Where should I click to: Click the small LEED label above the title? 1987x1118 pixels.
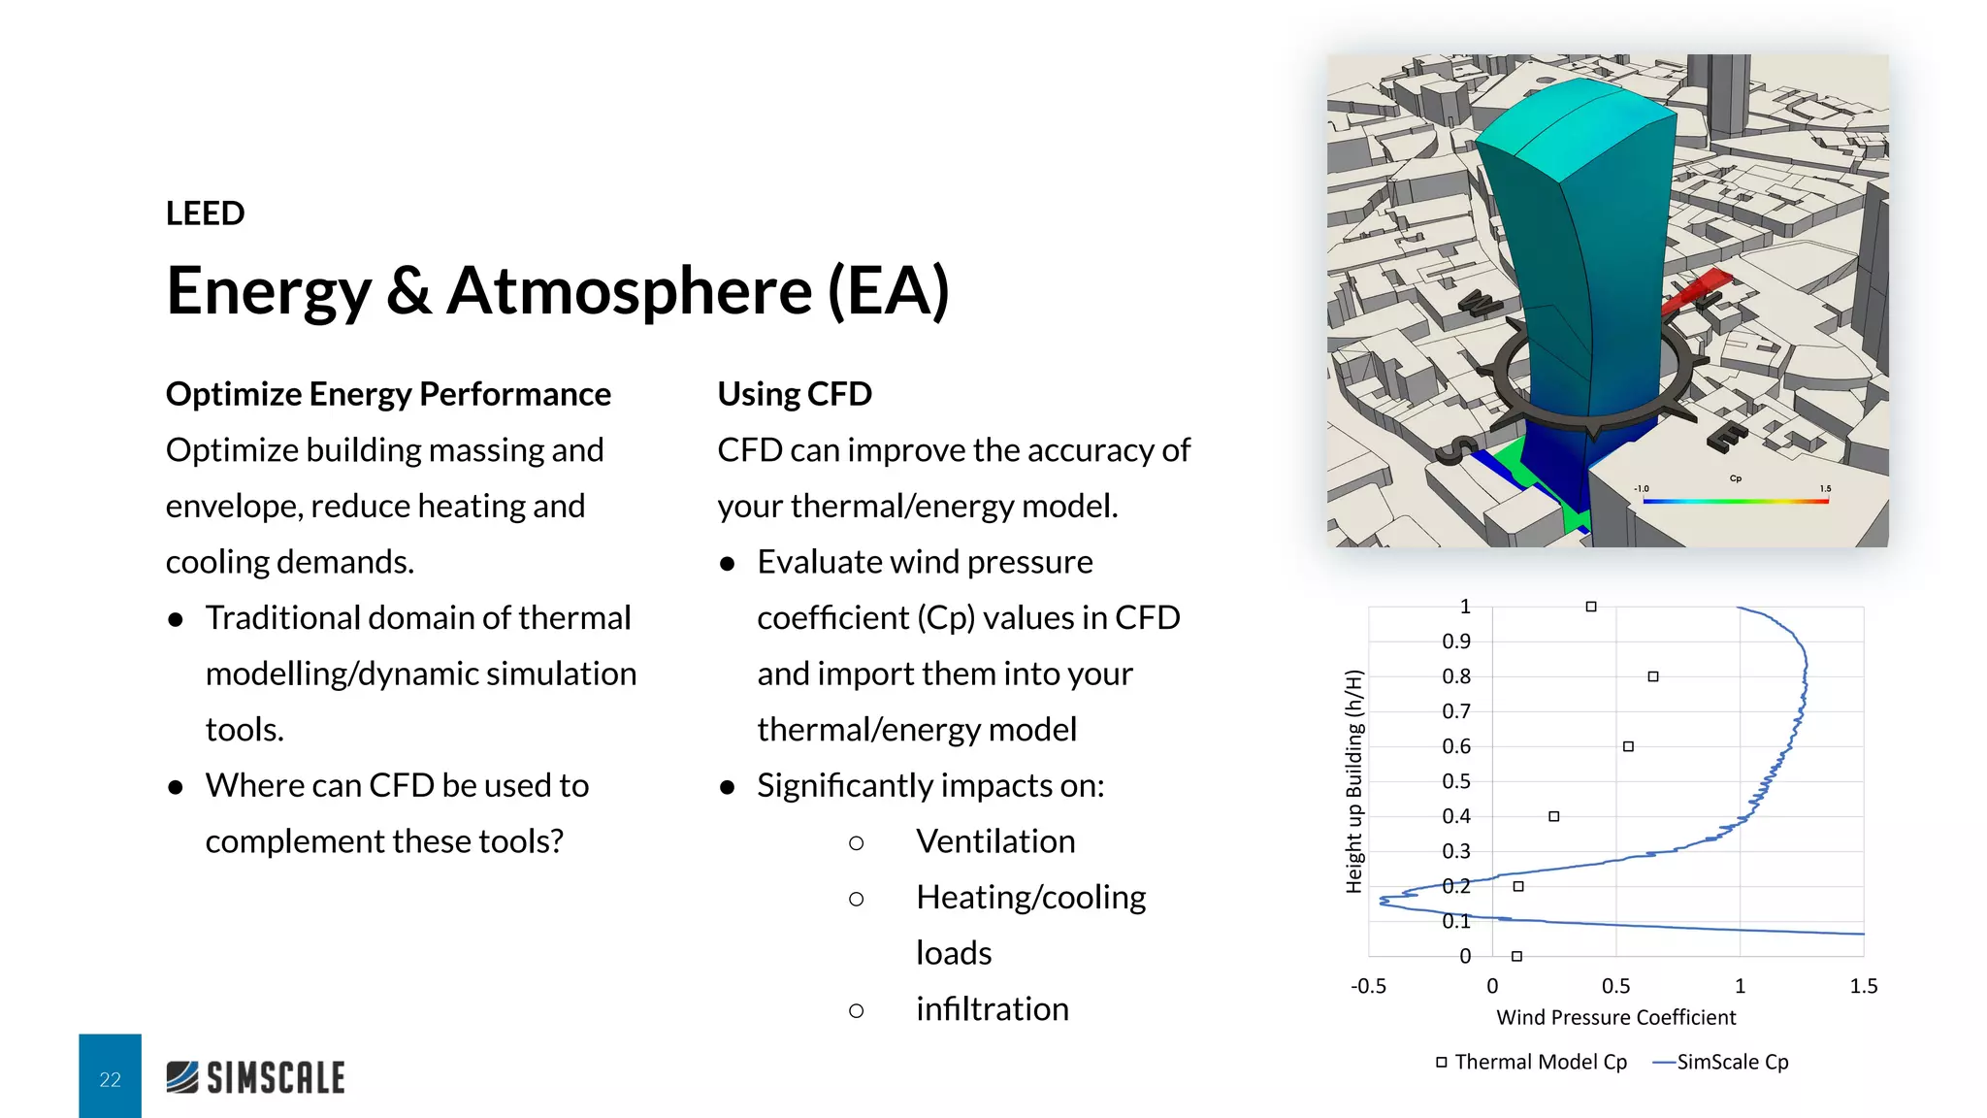(205, 214)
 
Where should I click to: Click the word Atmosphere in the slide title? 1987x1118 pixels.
(629, 291)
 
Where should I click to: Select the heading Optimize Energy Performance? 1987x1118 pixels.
(388, 394)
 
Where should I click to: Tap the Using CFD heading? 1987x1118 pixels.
(795, 394)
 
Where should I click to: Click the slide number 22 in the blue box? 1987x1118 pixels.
(110, 1079)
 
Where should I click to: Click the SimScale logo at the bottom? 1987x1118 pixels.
(255, 1077)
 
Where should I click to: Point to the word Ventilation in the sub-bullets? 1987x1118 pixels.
(995, 841)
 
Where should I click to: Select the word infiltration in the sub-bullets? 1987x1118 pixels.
(992, 1009)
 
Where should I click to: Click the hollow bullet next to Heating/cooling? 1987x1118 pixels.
(856, 899)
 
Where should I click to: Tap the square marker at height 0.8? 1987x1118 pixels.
(1653, 676)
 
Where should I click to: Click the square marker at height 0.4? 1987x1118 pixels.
(1554, 816)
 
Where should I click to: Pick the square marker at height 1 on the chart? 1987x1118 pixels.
(1591, 607)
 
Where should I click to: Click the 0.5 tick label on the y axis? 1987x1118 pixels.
(1455, 781)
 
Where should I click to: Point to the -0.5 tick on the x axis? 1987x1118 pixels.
(1368, 986)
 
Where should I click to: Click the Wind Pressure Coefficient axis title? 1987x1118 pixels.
(1615, 1017)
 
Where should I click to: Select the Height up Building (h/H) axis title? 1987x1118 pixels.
(1354, 781)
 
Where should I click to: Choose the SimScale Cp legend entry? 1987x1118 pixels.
(1721, 1062)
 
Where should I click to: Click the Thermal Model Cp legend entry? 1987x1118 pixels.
(1533, 1062)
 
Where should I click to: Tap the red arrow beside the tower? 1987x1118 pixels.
(1696, 291)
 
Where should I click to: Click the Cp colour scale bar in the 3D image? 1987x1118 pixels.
(1735, 501)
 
